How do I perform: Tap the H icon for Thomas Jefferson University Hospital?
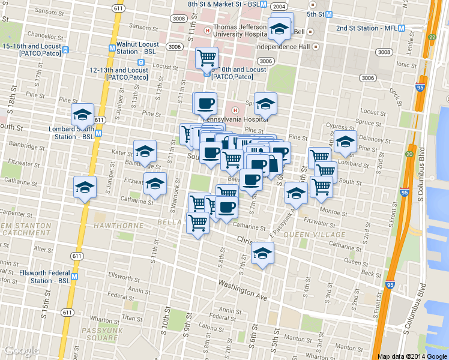pyautogui.click(x=207, y=31)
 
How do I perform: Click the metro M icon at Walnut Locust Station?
pyautogui.click(x=112, y=49)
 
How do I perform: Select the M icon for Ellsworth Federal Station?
pyautogui.click(x=74, y=277)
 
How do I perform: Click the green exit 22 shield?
pyautogui.click(x=432, y=37)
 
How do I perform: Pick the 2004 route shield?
pyautogui.click(x=278, y=6)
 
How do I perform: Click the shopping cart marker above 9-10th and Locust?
pyautogui.click(x=206, y=58)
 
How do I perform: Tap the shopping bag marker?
pyautogui.click(x=273, y=164)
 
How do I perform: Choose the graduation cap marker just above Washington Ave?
pyautogui.click(x=262, y=253)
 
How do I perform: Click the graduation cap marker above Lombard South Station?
pyautogui.click(x=82, y=115)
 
